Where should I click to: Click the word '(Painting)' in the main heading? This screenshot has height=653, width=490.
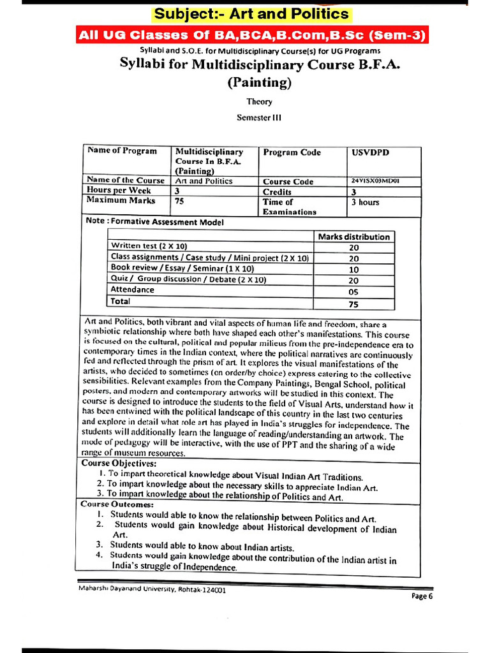click(259, 82)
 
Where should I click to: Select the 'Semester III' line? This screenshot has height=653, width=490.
click(258, 117)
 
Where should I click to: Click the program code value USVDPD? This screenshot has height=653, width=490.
click(370, 152)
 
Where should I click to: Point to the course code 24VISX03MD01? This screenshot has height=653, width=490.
click(376, 181)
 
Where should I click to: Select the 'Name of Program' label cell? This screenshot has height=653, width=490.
click(122, 151)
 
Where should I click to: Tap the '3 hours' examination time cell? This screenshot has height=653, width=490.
click(365, 202)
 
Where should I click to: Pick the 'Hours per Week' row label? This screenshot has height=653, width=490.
click(119, 191)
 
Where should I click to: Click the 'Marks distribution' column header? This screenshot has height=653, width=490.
click(353, 237)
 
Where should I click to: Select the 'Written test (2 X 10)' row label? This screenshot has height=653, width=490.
click(149, 246)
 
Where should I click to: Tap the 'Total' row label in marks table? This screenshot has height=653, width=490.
click(121, 301)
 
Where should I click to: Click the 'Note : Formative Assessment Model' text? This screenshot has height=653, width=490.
click(154, 222)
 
